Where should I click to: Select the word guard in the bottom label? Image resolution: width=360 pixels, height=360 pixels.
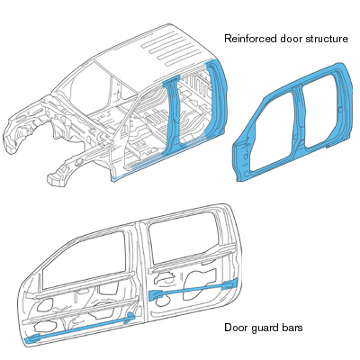tap(264, 328)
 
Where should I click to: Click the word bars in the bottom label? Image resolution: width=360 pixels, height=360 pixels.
tap(292, 328)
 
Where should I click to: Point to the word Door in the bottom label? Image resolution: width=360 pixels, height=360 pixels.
tap(235, 328)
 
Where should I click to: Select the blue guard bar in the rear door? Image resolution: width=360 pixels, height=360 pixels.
tap(193, 289)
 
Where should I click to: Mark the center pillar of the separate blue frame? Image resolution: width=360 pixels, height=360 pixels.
tap(298, 117)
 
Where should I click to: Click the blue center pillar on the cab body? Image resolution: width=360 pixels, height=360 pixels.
tap(173, 117)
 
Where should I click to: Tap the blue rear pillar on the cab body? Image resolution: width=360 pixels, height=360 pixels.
tap(219, 99)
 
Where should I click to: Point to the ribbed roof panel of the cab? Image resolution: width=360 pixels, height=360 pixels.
tap(168, 48)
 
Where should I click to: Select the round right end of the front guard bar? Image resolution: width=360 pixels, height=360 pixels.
tap(130, 316)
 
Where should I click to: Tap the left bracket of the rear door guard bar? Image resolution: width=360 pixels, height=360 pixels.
tap(156, 295)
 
